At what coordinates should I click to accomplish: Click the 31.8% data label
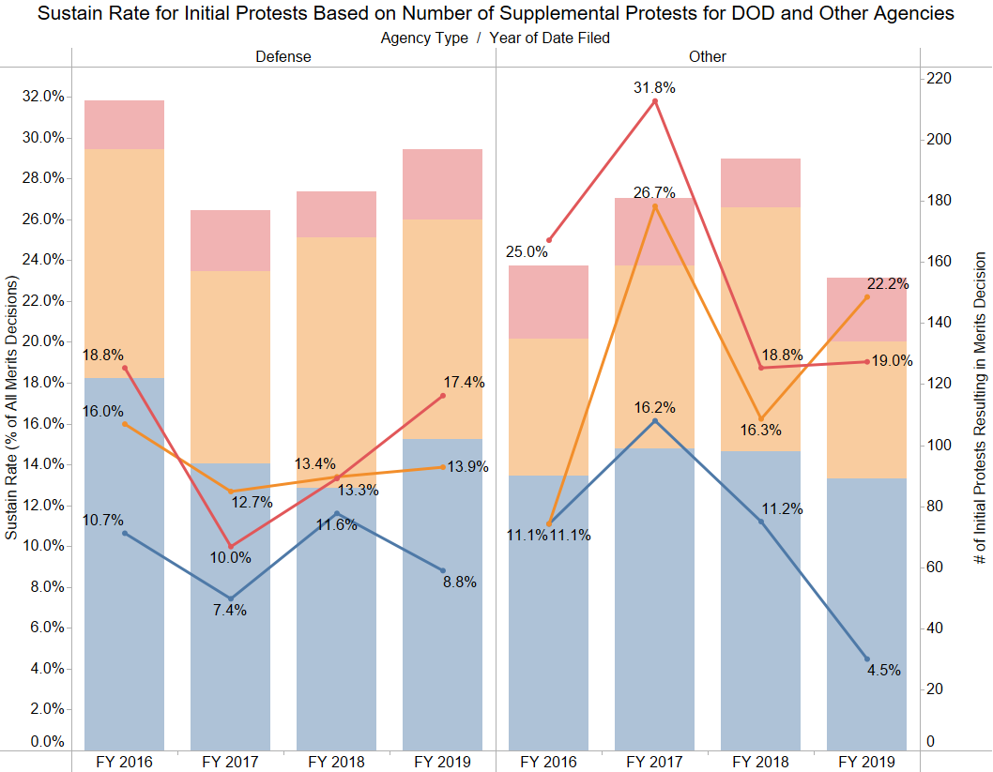(654, 87)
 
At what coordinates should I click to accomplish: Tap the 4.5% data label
(884, 670)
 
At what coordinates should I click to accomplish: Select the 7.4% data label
(230, 611)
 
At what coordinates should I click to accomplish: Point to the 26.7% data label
(654, 193)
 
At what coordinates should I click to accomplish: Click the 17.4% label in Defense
(465, 382)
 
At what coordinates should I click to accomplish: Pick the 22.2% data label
(888, 284)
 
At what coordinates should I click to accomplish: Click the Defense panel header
(283, 56)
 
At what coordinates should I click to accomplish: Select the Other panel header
(707, 56)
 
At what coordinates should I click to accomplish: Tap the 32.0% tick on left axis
(43, 97)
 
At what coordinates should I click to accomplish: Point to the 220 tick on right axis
(939, 79)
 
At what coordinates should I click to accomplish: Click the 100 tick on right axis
(939, 445)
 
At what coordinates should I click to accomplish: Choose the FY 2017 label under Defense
(230, 761)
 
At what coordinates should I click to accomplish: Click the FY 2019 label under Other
(866, 761)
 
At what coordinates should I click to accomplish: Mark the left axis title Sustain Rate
(11, 407)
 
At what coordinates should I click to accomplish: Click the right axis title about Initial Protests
(980, 407)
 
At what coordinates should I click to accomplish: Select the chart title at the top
(496, 14)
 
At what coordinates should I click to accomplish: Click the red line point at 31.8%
(655, 100)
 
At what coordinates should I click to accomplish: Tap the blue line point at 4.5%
(866, 658)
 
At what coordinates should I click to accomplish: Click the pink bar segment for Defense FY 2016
(124, 125)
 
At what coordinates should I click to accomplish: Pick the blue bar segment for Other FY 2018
(760, 600)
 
